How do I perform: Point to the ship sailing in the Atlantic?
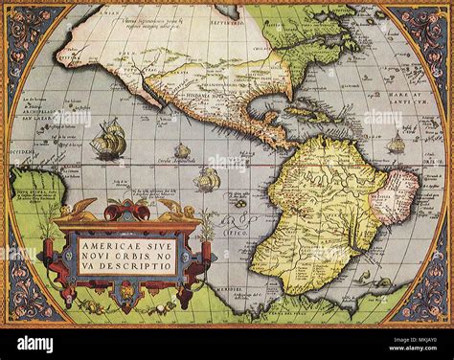coord(396,144)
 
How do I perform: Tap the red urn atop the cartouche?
coord(128,210)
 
